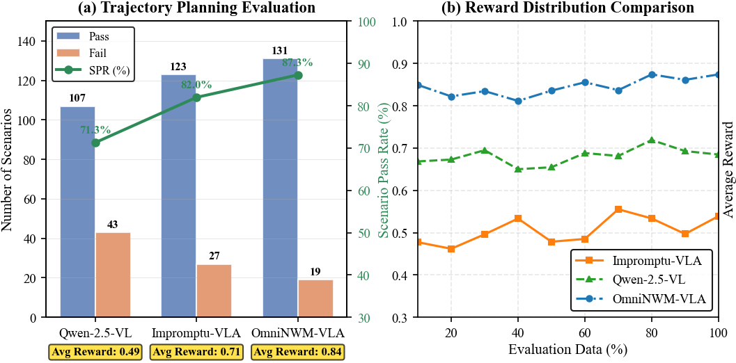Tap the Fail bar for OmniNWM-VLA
pos(315,298)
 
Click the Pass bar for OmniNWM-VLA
pos(281,188)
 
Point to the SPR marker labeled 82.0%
pos(196,97)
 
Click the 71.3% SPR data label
pos(76,130)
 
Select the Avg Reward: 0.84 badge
pos(298,351)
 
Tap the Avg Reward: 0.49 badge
pos(95,351)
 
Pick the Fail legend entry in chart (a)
pos(91,52)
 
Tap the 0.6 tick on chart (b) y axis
pos(400,191)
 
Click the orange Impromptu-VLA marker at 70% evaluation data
pos(618,209)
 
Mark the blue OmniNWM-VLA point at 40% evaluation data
pos(518,101)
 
